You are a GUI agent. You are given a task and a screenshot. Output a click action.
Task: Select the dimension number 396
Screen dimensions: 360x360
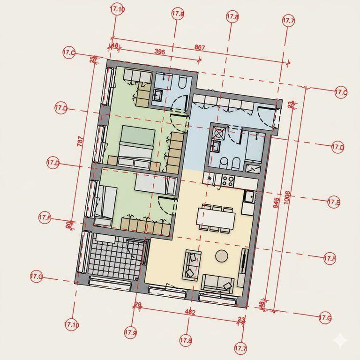pos(159,52)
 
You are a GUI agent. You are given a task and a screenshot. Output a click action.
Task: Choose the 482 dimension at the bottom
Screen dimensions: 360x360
pos(190,312)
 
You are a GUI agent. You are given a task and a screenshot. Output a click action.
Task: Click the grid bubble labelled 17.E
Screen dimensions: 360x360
pos(334,202)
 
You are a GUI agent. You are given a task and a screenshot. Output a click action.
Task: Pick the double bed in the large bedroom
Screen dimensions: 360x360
pos(136,142)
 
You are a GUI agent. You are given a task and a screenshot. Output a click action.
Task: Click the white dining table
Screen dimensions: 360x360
pos(215,217)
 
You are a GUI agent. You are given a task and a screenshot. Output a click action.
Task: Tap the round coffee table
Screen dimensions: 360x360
pos(222,256)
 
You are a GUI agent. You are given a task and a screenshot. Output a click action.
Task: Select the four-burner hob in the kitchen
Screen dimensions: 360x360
pos(229,180)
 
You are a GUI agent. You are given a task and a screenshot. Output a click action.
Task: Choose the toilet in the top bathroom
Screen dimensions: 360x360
pos(182,83)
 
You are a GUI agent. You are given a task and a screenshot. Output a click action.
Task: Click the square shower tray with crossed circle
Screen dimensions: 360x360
pos(219,133)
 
